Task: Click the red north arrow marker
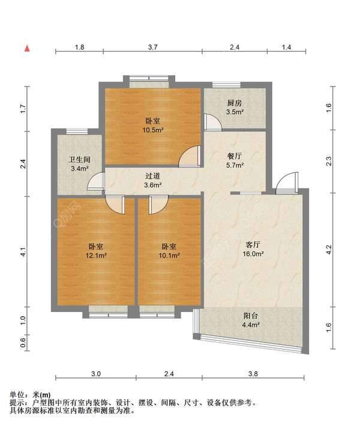tap(27, 49)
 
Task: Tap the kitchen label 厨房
tap(235, 103)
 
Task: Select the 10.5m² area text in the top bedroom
tap(153, 130)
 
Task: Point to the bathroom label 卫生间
tap(79, 160)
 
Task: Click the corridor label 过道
tap(152, 176)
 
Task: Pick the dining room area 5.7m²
tap(235, 165)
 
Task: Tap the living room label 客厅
tap(253, 245)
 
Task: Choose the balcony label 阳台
tap(251, 316)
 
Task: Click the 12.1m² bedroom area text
tap(96, 256)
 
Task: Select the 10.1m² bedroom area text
tap(169, 256)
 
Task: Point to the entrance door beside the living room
tap(287, 183)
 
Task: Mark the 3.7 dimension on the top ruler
tap(152, 47)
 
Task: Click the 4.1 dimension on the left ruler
tap(23, 252)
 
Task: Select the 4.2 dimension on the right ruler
tap(329, 250)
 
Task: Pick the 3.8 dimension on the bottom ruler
tap(253, 374)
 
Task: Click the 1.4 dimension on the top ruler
tap(286, 47)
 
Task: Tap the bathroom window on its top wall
tap(77, 131)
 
